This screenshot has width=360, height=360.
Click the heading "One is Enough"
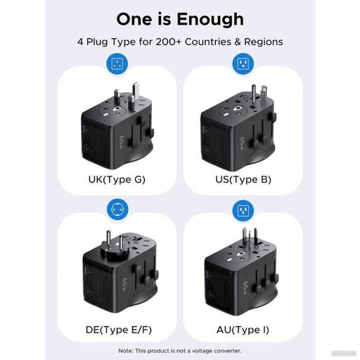pyautogui.click(x=179, y=18)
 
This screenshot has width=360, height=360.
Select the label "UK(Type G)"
pyautogui.click(x=117, y=179)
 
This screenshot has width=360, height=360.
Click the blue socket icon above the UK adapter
pyautogui.click(x=117, y=65)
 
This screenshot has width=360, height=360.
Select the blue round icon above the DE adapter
pyautogui.click(x=117, y=209)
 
